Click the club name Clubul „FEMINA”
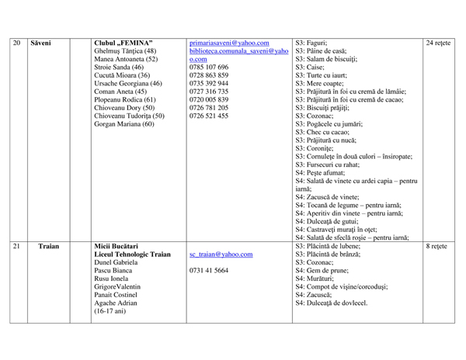tap(123, 43)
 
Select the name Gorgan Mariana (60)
tap(124, 123)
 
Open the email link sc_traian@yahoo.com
tap(220, 254)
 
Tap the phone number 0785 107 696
tap(209, 67)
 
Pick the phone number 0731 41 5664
tap(209, 271)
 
